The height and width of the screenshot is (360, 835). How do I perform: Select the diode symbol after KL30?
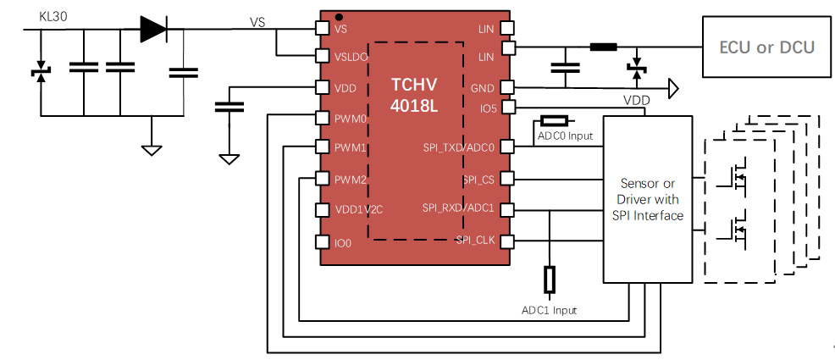[x=153, y=29]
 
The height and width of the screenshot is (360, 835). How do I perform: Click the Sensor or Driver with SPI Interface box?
[x=648, y=200]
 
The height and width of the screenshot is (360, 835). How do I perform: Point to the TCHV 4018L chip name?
[x=415, y=93]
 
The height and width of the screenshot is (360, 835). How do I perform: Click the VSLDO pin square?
[x=322, y=56]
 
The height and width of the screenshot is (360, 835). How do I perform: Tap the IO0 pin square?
[x=322, y=242]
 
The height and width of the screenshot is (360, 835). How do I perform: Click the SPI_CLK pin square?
[x=507, y=242]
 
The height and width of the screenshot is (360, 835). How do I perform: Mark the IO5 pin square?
[x=507, y=108]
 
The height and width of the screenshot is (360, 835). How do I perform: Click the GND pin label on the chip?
[x=481, y=88]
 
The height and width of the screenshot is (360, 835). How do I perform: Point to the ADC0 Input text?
[x=565, y=135]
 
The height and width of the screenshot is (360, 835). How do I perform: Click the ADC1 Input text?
[x=549, y=311]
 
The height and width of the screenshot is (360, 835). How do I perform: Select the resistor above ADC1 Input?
[x=550, y=280]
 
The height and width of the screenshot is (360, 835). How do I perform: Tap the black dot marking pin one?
[x=339, y=16]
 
